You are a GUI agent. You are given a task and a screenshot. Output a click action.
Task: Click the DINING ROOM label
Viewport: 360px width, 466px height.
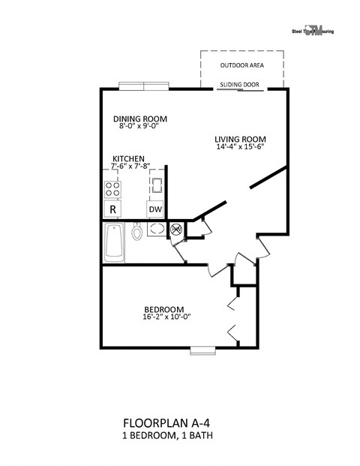pos(139,119)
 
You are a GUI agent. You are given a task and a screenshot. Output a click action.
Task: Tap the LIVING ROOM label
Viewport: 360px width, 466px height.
pos(240,139)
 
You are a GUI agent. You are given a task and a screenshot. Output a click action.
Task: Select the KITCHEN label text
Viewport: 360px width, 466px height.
pos(129,158)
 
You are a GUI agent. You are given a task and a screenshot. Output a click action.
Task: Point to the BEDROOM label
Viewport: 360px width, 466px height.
pos(164,309)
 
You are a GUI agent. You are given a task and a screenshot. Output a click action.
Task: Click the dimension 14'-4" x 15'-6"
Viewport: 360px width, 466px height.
pos(240,147)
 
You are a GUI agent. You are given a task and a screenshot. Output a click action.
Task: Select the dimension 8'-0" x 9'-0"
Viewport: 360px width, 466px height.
pos(139,126)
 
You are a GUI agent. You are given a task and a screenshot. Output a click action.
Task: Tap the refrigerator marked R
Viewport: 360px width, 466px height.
pos(112,209)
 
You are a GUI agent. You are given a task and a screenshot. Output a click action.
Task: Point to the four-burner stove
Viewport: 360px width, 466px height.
pos(112,188)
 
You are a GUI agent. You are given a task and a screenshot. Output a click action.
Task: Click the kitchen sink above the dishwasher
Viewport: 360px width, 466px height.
pos(156,184)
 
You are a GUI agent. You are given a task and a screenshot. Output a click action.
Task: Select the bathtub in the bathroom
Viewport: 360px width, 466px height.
pos(114,242)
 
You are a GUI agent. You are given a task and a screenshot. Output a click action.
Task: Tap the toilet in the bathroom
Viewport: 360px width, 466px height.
pos(137,232)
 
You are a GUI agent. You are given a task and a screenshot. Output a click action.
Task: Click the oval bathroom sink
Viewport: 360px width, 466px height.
pos(157,230)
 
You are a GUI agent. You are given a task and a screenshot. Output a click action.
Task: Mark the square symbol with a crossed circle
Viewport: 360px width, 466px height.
pos(177,230)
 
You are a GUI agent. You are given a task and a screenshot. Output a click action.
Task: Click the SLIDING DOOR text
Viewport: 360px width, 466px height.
pos(241,85)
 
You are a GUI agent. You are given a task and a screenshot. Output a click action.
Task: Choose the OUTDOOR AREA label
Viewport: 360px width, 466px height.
pos(241,65)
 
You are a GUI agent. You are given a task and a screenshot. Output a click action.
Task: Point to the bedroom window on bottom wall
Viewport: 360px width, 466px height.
pos(202,349)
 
